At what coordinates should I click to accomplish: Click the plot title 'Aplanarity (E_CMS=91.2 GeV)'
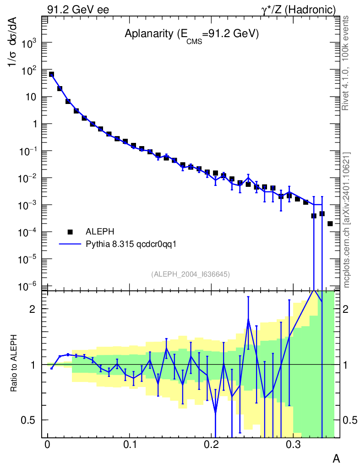coord(191,35)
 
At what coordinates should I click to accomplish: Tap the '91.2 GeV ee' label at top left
coord(78,10)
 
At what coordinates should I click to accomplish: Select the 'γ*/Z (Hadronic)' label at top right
coord(299,10)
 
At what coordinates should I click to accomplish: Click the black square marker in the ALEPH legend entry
coord(70,232)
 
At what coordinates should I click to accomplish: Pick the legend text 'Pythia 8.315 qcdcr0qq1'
coord(131,245)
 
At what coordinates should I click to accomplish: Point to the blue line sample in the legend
coord(70,244)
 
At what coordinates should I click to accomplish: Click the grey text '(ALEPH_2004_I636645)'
coord(191,274)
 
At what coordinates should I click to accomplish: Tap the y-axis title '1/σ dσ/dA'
coord(13,42)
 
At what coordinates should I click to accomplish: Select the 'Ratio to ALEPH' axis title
coord(13,363)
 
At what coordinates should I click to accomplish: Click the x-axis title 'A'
coord(336,458)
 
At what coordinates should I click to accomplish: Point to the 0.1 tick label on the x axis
coord(130,445)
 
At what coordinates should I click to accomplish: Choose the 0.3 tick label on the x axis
coord(293,445)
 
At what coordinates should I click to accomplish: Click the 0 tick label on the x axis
coord(48,445)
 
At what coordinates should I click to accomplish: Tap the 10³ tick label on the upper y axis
coord(29,43)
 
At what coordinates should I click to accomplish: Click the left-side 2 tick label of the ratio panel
coord(32,309)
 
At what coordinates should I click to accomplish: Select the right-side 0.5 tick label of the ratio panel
coord(350,420)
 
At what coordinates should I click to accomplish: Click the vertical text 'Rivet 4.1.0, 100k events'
coord(345,63)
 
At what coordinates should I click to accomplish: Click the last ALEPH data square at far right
coord(330,224)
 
